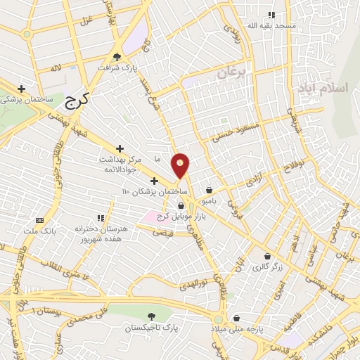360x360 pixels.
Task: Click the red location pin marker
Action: click(x=181, y=165)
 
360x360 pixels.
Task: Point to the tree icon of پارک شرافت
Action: click(x=117, y=58)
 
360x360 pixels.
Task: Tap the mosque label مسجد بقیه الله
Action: click(x=271, y=25)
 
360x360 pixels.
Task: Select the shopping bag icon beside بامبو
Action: click(x=210, y=190)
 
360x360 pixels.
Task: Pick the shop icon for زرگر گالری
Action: click(x=267, y=256)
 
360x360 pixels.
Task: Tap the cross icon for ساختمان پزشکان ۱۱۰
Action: click(x=155, y=181)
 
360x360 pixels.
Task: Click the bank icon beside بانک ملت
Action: click(x=39, y=219)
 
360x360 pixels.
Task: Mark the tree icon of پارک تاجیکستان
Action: click(x=151, y=317)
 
